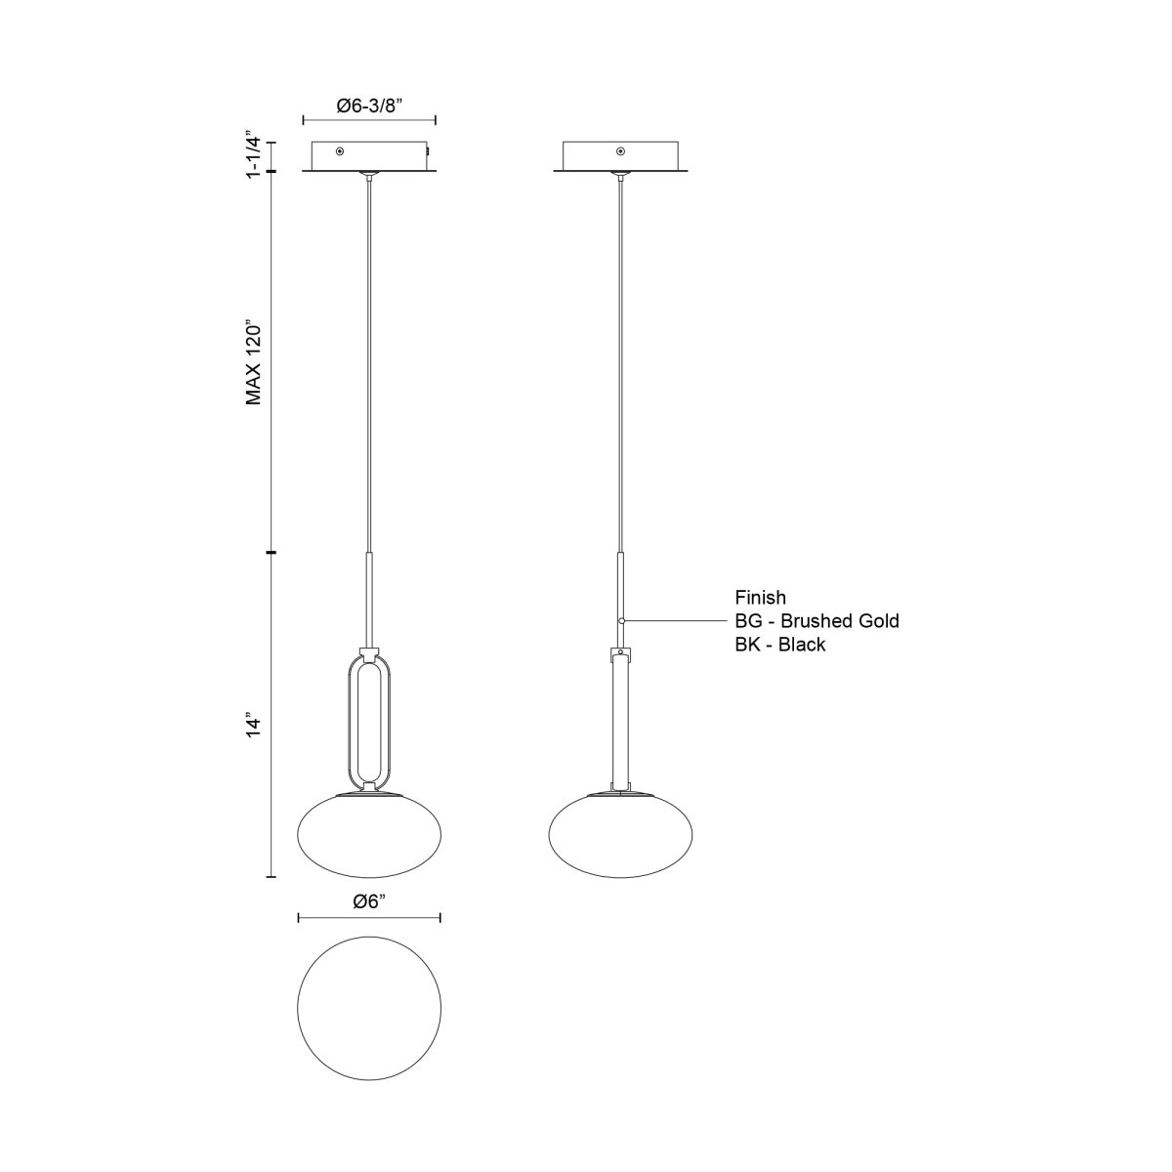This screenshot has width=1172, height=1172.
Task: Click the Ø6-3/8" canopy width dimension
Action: pos(368,107)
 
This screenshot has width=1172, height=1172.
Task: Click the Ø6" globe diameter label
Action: pos(369,903)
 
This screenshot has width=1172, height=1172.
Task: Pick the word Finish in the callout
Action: pos(761,597)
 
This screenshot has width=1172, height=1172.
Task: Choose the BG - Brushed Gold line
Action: pos(816,620)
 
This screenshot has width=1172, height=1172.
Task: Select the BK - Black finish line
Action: pos(780,645)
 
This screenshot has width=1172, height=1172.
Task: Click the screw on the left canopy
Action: pos(339,151)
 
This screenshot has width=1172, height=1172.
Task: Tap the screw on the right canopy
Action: pos(620,151)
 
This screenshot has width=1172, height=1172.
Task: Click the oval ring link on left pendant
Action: pos(368,723)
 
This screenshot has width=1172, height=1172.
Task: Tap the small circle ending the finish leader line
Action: pos(621,621)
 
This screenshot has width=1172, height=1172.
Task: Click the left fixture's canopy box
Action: pos(369,156)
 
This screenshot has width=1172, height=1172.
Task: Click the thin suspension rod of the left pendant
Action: pos(369,361)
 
